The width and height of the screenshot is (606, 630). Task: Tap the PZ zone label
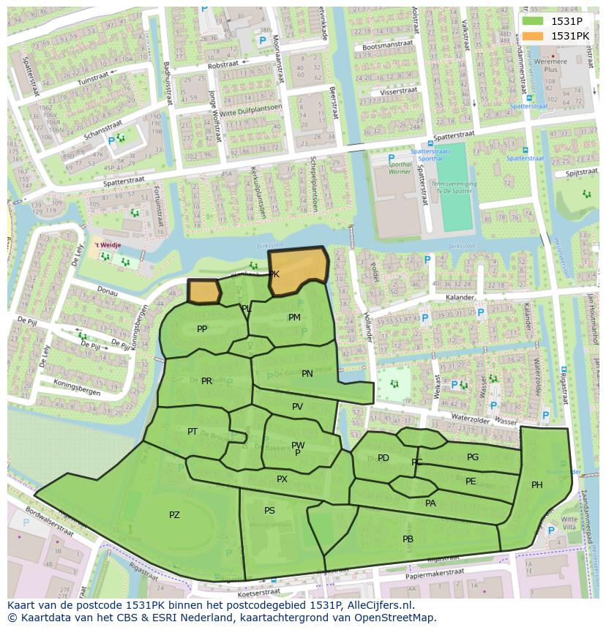(174, 515)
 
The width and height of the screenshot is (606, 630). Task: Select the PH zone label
(537, 485)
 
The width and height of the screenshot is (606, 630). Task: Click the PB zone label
(408, 539)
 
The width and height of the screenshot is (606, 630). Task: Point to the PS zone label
(269, 511)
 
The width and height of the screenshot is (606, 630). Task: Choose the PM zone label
(294, 318)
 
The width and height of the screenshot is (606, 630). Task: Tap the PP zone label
(202, 329)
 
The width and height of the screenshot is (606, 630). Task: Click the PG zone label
(473, 457)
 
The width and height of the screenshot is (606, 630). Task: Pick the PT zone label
(192, 432)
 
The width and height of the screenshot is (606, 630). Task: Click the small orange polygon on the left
(204, 291)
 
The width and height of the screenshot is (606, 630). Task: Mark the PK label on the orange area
(274, 274)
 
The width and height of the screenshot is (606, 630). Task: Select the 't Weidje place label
(107, 246)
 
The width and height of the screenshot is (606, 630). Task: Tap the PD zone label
(384, 458)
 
